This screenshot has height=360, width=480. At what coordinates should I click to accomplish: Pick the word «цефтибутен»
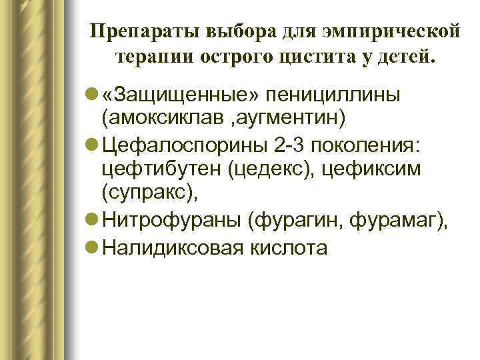(160, 170)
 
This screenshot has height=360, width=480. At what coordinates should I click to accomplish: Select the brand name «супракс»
(147, 194)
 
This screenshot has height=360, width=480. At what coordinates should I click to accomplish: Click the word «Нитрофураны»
(169, 221)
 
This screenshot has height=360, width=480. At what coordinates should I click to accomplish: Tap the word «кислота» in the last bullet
(293, 247)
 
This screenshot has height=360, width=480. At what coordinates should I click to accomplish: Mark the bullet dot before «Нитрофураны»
(93, 221)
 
